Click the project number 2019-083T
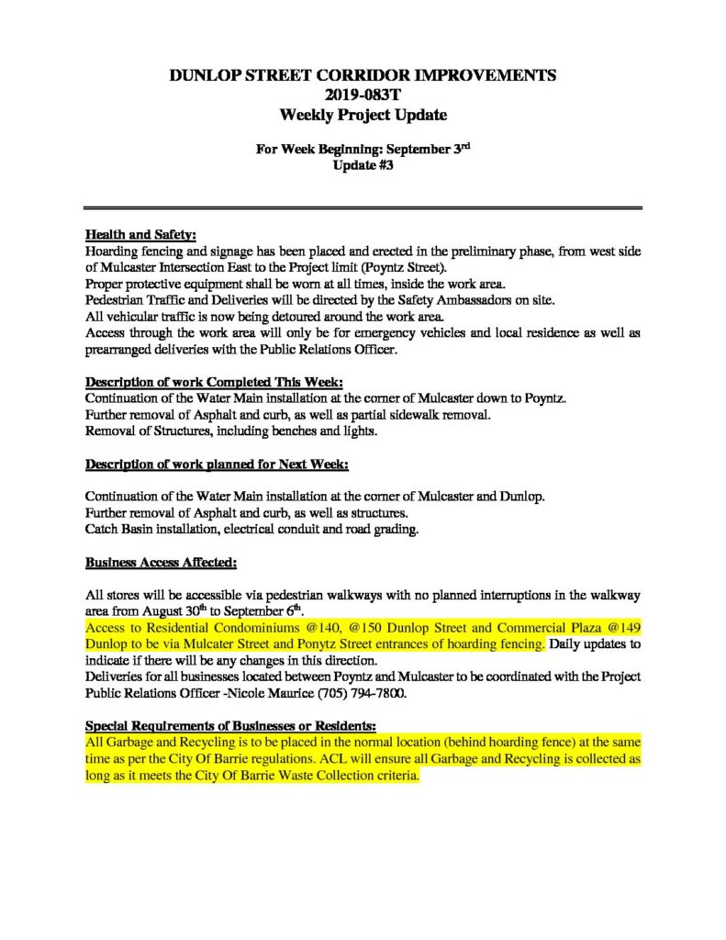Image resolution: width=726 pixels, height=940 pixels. [x=363, y=95]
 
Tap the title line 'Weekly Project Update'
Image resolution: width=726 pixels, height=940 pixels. [x=363, y=115]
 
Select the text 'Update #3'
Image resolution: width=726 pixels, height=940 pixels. [x=363, y=167]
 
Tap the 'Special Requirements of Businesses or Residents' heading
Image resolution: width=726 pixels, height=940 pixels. [x=230, y=723]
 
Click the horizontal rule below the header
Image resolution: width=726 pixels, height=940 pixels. [x=363, y=208]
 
